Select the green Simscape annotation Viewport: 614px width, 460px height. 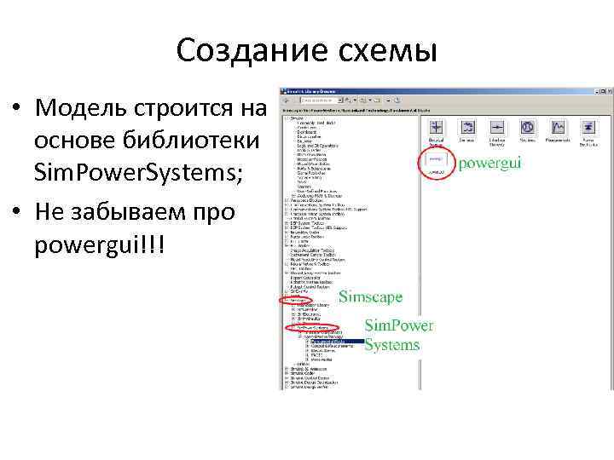pos(371,297)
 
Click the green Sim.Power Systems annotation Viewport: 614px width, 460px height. pos(398,335)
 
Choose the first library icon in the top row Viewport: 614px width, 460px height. pos(436,129)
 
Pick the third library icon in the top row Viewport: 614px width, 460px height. pos(496,129)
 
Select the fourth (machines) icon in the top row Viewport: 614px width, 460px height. pos(527,129)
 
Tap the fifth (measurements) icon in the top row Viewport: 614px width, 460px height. pos(557,129)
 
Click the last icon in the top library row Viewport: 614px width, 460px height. pos(588,129)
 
